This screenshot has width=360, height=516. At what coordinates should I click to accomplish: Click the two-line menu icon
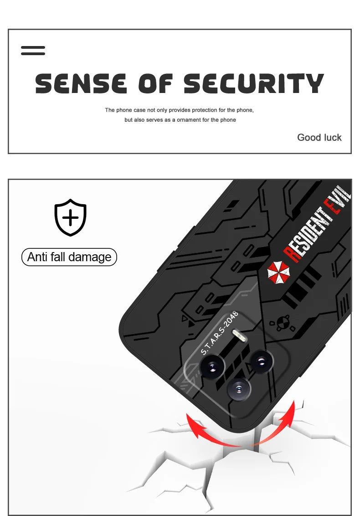[x=33, y=50]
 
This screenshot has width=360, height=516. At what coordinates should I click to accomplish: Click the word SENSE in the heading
[x=81, y=84]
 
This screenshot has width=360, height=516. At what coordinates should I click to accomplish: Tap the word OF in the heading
[x=155, y=84]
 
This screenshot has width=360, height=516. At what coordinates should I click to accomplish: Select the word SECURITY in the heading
[x=254, y=84]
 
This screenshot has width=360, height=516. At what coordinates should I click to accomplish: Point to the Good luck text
[x=319, y=137]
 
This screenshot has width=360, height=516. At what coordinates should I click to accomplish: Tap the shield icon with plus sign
[x=70, y=217]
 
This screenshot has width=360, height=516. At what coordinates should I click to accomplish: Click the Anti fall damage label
[x=69, y=257]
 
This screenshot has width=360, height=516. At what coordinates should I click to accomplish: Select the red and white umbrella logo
[x=278, y=272]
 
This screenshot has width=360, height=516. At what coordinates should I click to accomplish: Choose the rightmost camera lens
[x=262, y=361]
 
